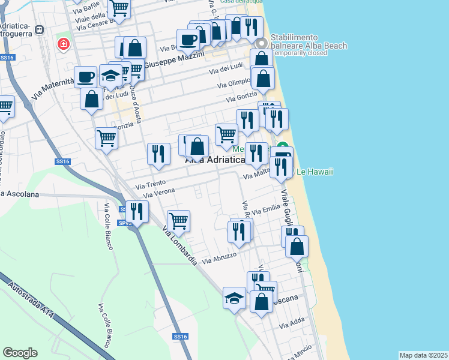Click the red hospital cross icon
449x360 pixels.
[x=62, y=44]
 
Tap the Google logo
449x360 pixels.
[x=20, y=353]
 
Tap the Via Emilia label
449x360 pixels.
[x=267, y=210]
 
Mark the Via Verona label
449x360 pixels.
[x=159, y=193]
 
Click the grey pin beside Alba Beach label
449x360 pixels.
[x=261, y=44]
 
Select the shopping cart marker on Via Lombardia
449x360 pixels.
[x=179, y=221]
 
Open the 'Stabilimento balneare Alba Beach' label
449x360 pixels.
[x=298, y=44]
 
